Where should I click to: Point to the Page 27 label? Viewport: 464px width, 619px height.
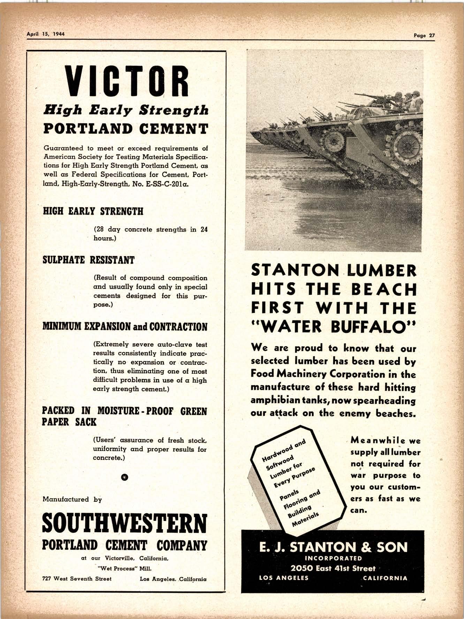coord(424,35)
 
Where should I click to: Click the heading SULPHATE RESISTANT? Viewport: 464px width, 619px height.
coord(88,260)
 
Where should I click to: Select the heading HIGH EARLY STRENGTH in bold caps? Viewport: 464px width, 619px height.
coord(93,211)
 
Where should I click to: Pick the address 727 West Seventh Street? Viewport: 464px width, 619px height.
coord(77,579)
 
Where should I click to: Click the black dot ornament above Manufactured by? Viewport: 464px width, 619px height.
coord(124,477)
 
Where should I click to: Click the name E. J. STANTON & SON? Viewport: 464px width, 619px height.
coord(333,547)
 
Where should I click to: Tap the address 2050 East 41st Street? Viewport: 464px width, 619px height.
coord(333,568)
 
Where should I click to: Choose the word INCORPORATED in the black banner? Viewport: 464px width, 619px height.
coord(333,558)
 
